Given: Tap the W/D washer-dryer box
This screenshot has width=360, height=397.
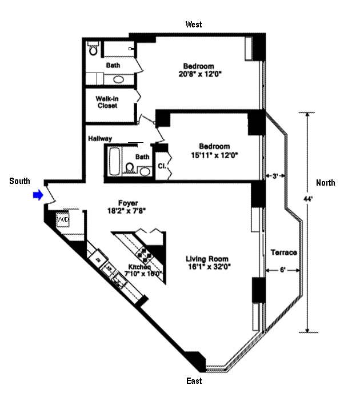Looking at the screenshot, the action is (62, 219).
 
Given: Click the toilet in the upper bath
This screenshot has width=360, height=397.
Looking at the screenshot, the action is (93, 50).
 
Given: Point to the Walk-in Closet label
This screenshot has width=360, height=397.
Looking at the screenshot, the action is (107, 102).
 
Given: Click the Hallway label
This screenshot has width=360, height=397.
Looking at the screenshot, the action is (100, 139).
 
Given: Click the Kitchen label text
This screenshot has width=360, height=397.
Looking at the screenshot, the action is (139, 267).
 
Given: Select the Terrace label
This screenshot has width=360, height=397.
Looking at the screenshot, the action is (283, 252).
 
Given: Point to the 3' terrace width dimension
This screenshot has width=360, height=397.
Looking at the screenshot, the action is (275, 176).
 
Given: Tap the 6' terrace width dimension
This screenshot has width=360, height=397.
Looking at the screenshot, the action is (283, 270).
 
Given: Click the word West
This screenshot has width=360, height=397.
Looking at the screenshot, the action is (193, 25).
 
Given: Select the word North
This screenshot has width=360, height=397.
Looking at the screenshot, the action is (326, 183).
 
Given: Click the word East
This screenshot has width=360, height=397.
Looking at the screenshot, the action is (194, 381).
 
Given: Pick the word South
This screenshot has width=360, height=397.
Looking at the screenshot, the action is (20, 181).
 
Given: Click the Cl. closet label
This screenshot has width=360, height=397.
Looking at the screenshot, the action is (162, 167).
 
